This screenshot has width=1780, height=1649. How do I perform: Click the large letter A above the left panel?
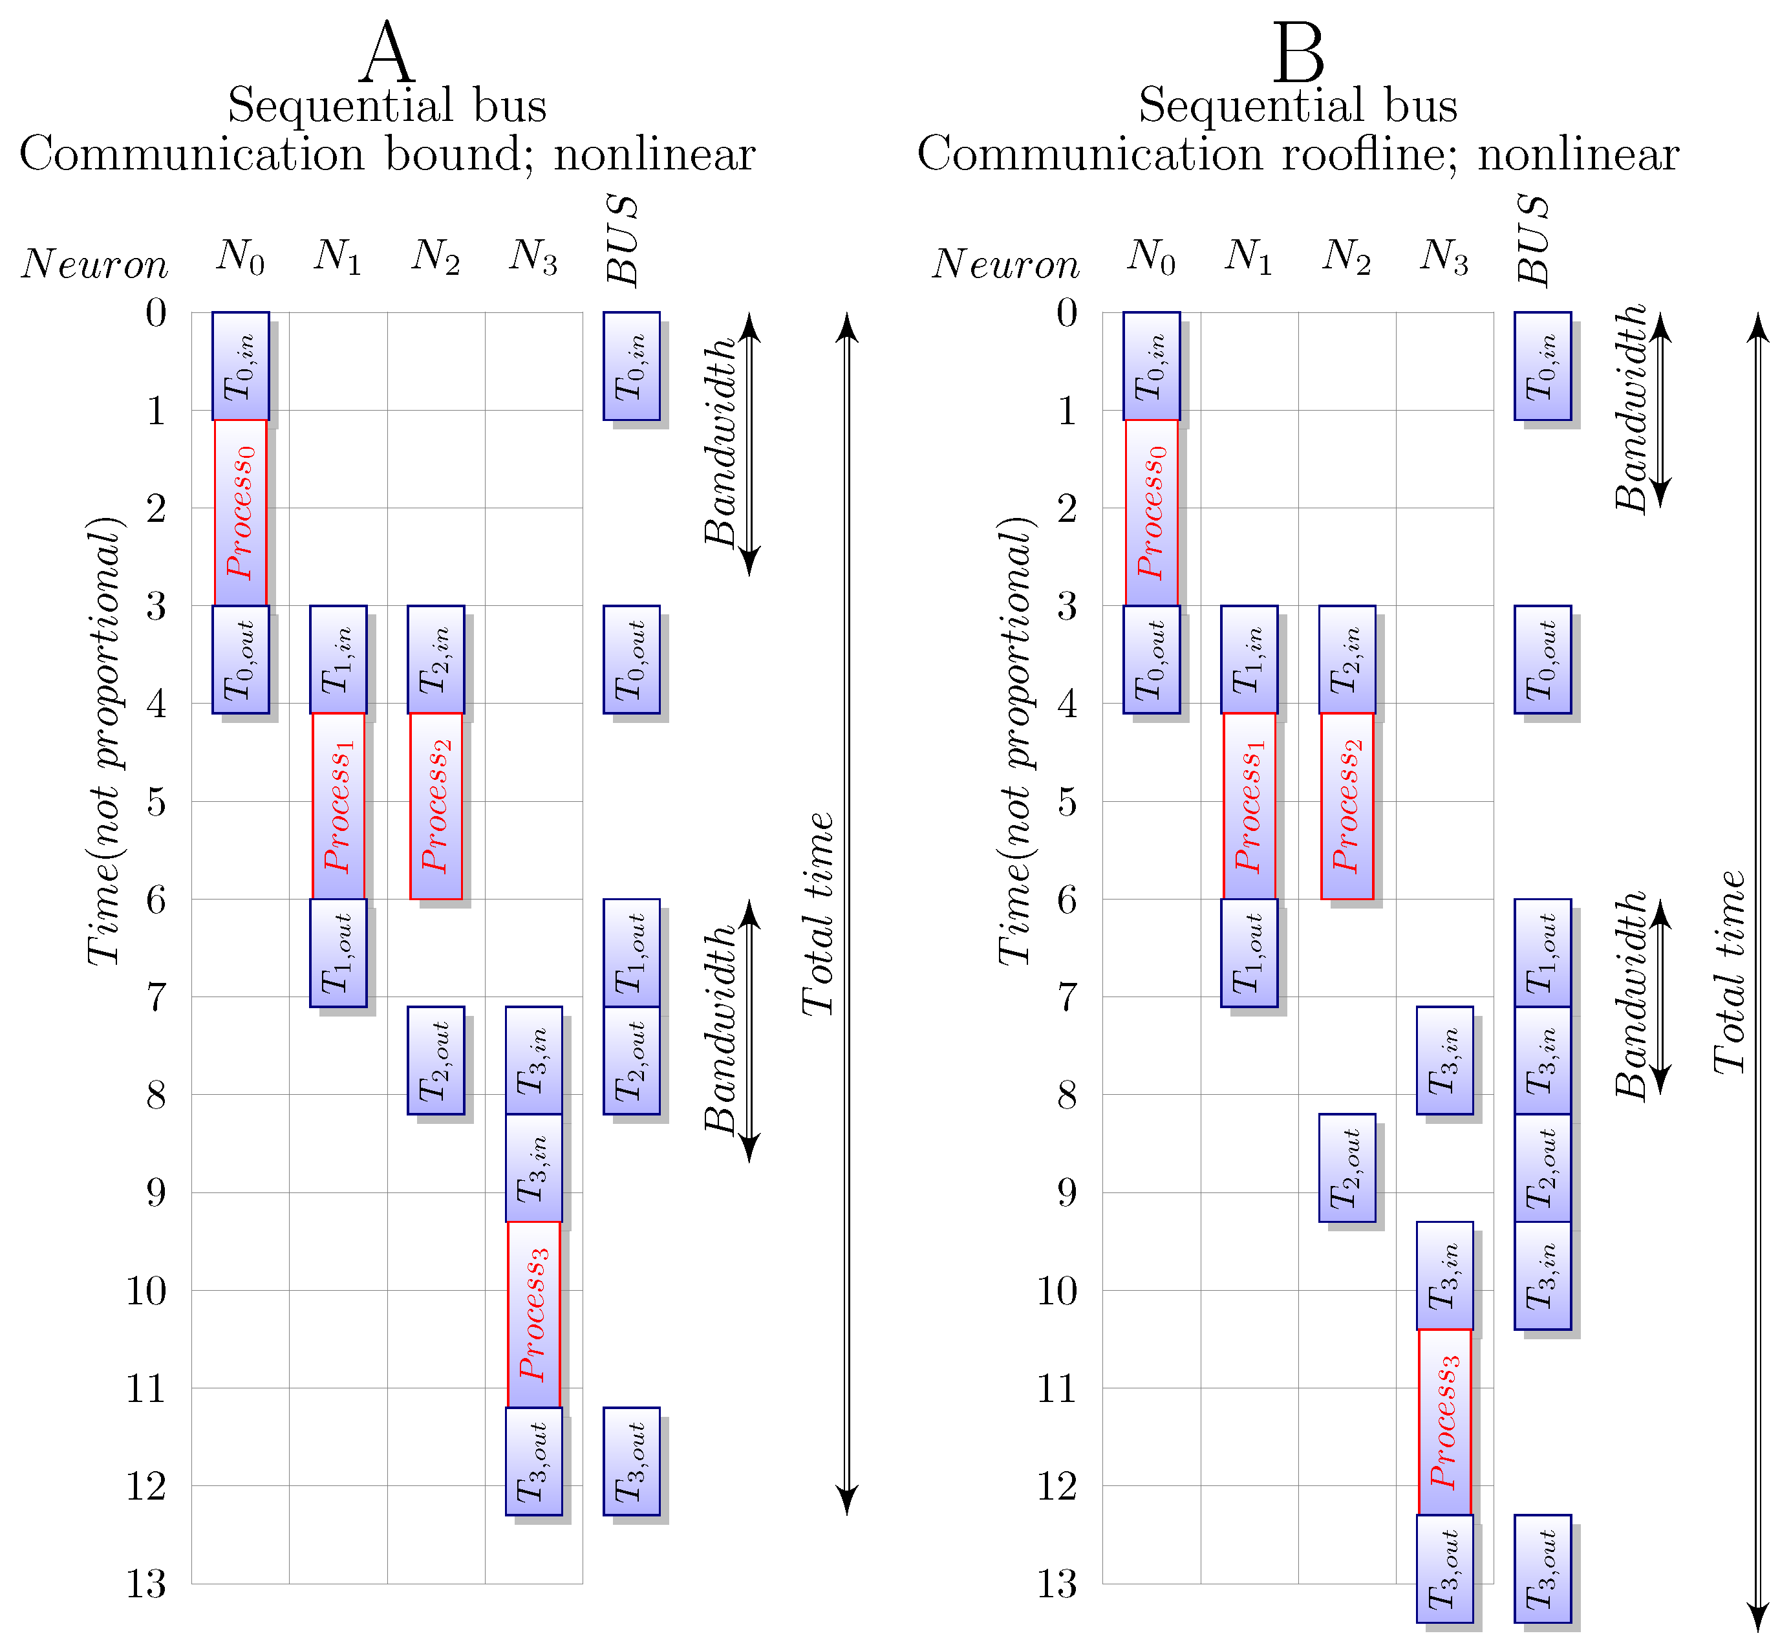point(388,54)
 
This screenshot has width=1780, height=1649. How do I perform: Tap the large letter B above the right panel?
point(1298,54)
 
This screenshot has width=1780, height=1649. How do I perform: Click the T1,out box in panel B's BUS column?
point(1543,952)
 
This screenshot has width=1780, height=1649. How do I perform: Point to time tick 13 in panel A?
point(146,1585)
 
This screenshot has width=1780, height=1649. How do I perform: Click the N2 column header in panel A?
point(435,257)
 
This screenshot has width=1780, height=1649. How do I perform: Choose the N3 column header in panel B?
point(1444,257)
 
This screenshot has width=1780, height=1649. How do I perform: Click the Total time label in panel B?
point(1729,973)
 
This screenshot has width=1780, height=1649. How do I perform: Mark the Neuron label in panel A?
point(94,264)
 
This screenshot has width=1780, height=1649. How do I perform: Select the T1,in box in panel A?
point(338,660)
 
